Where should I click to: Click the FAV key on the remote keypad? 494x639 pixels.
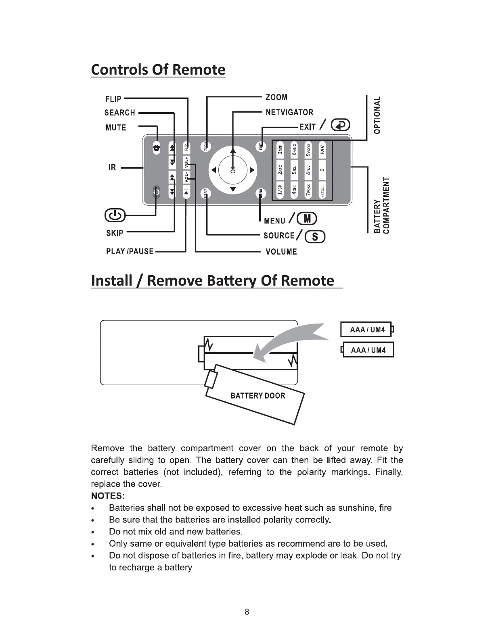pyautogui.click(x=322, y=149)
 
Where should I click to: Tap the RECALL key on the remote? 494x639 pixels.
pyautogui.click(x=322, y=189)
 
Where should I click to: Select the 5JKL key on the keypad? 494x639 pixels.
pyautogui.click(x=295, y=169)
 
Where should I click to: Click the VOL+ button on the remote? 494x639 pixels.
pyautogui.click(x=186, y=162)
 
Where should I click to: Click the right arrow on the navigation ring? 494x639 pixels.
pyautogui.click(x=252, y=170)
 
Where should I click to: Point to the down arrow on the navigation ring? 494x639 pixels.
pyautogui.click(x=233, y=190)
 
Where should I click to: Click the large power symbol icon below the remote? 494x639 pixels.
pyautogui.click(x=115, y=215)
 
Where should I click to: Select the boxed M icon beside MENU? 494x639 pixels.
pyautogui.click(x=307, y=219)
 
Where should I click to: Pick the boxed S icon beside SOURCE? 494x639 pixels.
pyautogui.click(x=315, y=237)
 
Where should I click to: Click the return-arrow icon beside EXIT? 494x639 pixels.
pyautogui.click(x=341, y=126)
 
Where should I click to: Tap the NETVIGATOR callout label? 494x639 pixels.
pyautogui.click(x=289, y=113)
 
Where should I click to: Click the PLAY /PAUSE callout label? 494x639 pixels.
pyautogui.click(x=130, y=251)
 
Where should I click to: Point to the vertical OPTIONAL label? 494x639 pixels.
pyautogui.click(x=377, y=115)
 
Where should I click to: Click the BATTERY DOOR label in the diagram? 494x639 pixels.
pyautogui.click(x=258, y=395)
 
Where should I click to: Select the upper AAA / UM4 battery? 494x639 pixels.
pyautogui.click(x=366, y=329)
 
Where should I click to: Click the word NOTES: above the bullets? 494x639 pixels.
pyautogui.click(x=108, y=496)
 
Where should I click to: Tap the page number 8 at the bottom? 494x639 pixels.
pyautogui.click(x=247, y=612)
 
